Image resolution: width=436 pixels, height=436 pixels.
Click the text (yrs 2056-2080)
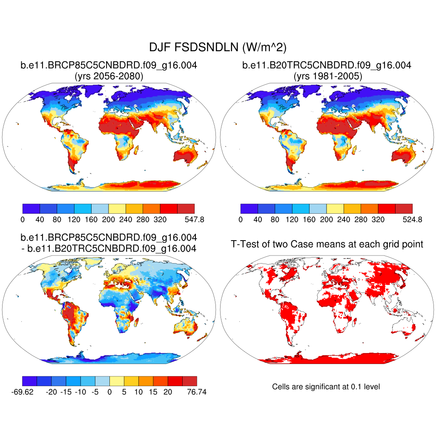pos(109,77)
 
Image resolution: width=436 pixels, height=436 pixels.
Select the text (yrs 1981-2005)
pos(327,77)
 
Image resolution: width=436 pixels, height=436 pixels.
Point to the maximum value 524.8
pos(413,220)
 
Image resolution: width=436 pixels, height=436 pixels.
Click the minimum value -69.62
pos(21,392)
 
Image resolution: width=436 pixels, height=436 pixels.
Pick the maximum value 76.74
pos(196,392)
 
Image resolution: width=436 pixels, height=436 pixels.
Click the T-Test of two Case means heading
pos(327,244)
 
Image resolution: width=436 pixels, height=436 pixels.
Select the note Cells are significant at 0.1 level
pos(326,387)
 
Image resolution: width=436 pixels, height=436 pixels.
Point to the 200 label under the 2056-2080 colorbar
pos(109,220)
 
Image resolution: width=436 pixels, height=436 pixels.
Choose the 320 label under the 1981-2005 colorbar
pos(378,220)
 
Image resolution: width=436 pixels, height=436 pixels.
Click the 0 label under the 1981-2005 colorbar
pos(241,220)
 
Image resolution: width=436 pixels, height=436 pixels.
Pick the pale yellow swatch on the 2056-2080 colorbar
pos(117,208)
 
